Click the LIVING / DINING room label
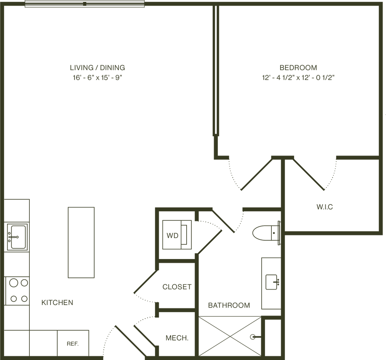coord(97,68)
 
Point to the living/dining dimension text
coord(97,78)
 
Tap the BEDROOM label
coord(298,68)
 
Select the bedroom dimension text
coord(298,78)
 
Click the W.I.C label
coord(325,207)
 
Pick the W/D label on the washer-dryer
coord(172,236)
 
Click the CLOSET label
coord(177,287)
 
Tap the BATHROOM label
coord(229,305)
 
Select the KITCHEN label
coord(57,302)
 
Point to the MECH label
coord(177,338)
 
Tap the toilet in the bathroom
coord(264,233)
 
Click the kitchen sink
coord(16,237)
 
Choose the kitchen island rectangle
coord(81,242)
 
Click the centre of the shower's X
coord(230,336)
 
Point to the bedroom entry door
coord(256,173)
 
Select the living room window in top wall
coord(84,4)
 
